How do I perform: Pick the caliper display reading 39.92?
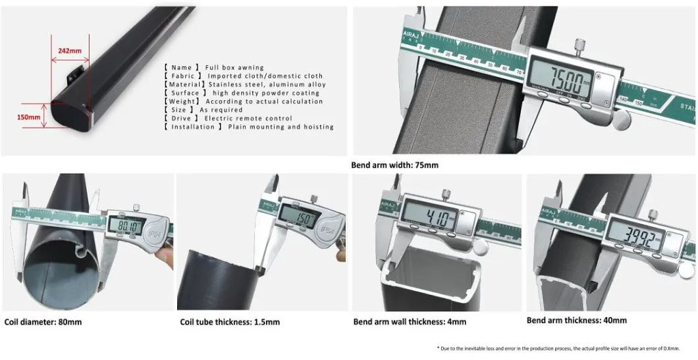pyautogui.click(x=635, y=233)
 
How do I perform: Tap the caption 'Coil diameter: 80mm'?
pyautogui.click(x=43, y=322)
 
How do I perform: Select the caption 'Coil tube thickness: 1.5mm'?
pyautogui.click(x=230, y=322)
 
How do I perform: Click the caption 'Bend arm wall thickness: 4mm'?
pyautogui.click(x=410, y=322)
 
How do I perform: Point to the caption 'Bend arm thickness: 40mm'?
pyautogui.click(x=577, y=321)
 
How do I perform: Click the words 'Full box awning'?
pyautogui.click(x=234, y=68)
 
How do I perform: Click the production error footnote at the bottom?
pyautogui.click(x=567, y=348)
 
